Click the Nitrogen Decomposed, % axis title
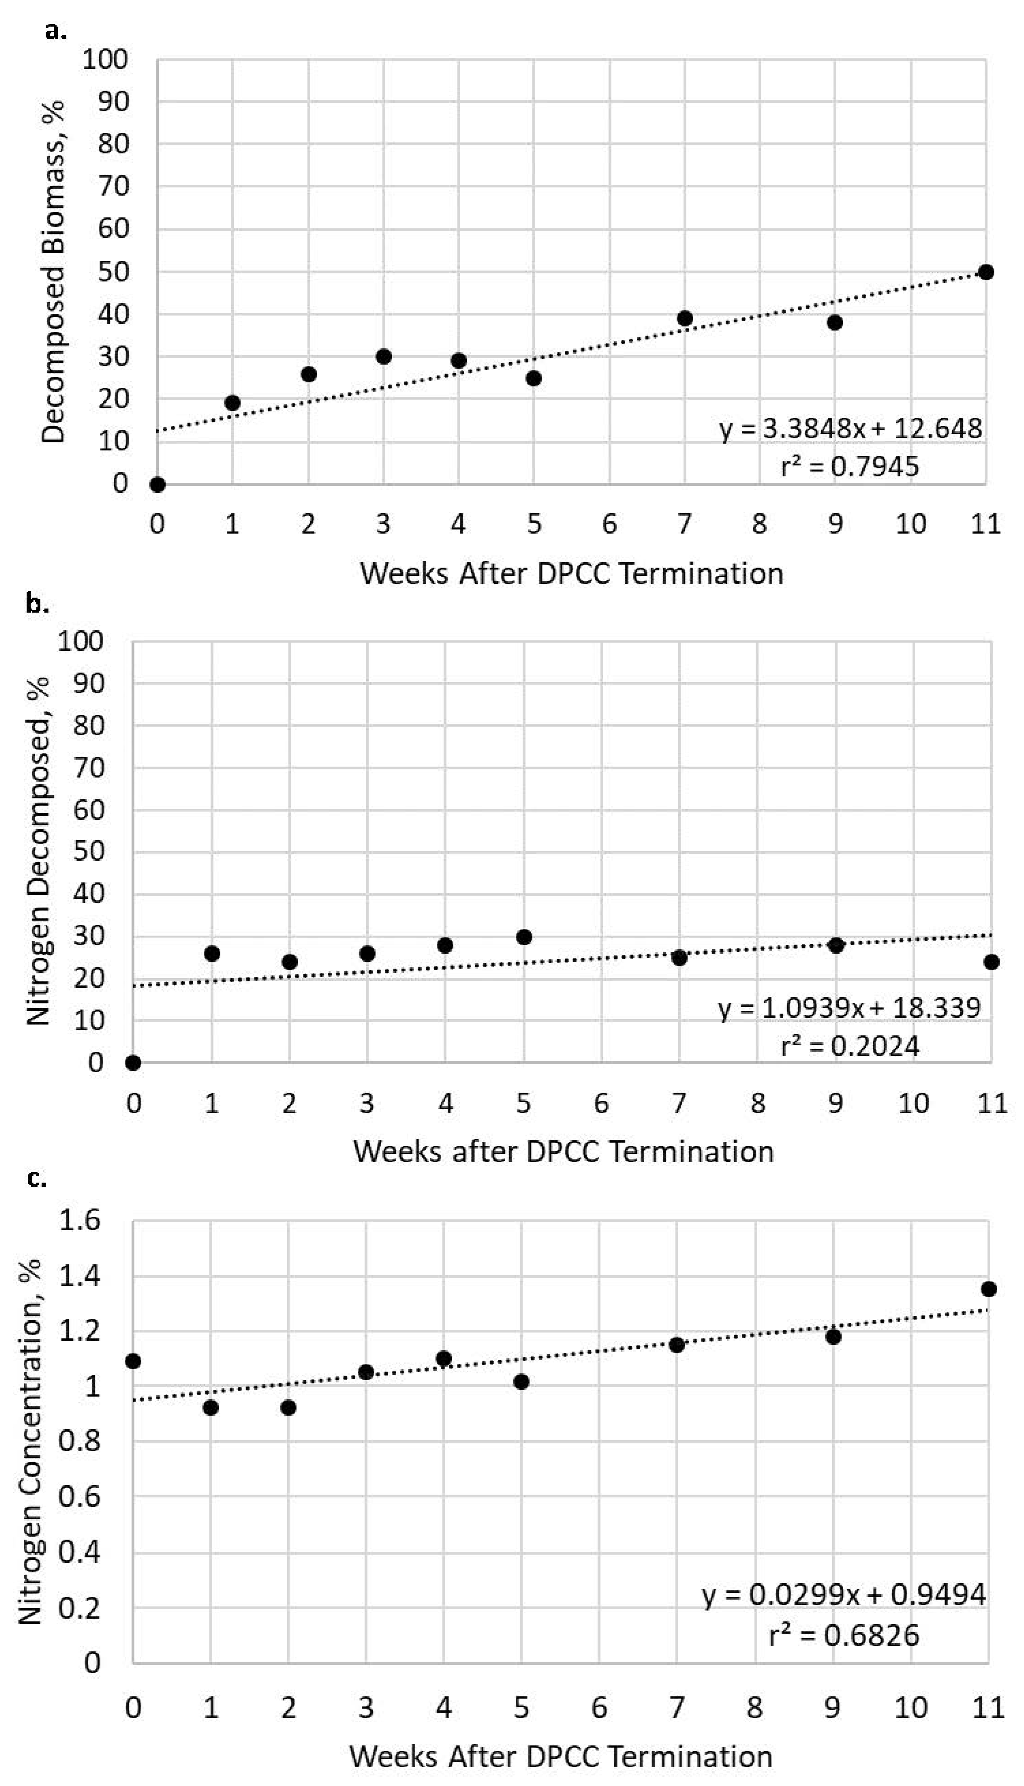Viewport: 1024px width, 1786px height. tap(39, 851)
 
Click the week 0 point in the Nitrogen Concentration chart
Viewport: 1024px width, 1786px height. tap(133, 1361)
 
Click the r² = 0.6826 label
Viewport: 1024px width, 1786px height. tap(844, 1635)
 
